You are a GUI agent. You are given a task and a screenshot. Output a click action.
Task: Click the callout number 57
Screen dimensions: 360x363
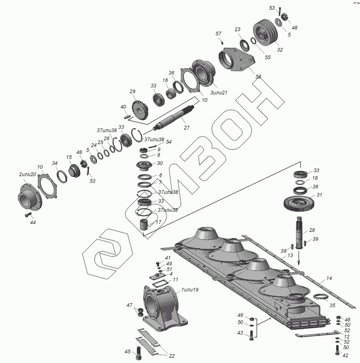pyautogui.click(x=218, y=34)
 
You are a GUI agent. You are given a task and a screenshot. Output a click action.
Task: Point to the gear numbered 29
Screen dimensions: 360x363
pyautogui.click(x=141, y=109)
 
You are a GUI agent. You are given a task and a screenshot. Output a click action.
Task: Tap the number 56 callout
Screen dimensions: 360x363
pyautogui.click(x=258, y=76)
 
